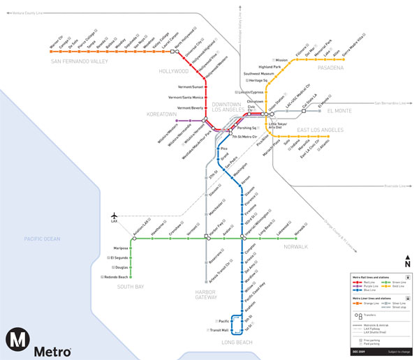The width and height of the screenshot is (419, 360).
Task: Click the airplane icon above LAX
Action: tap(114, 214)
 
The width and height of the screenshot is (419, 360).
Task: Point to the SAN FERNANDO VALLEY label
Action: tap(79, 61)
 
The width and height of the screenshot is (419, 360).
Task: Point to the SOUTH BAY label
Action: tap(131, 287)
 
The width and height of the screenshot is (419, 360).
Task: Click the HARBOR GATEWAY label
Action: tap(206, 294)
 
